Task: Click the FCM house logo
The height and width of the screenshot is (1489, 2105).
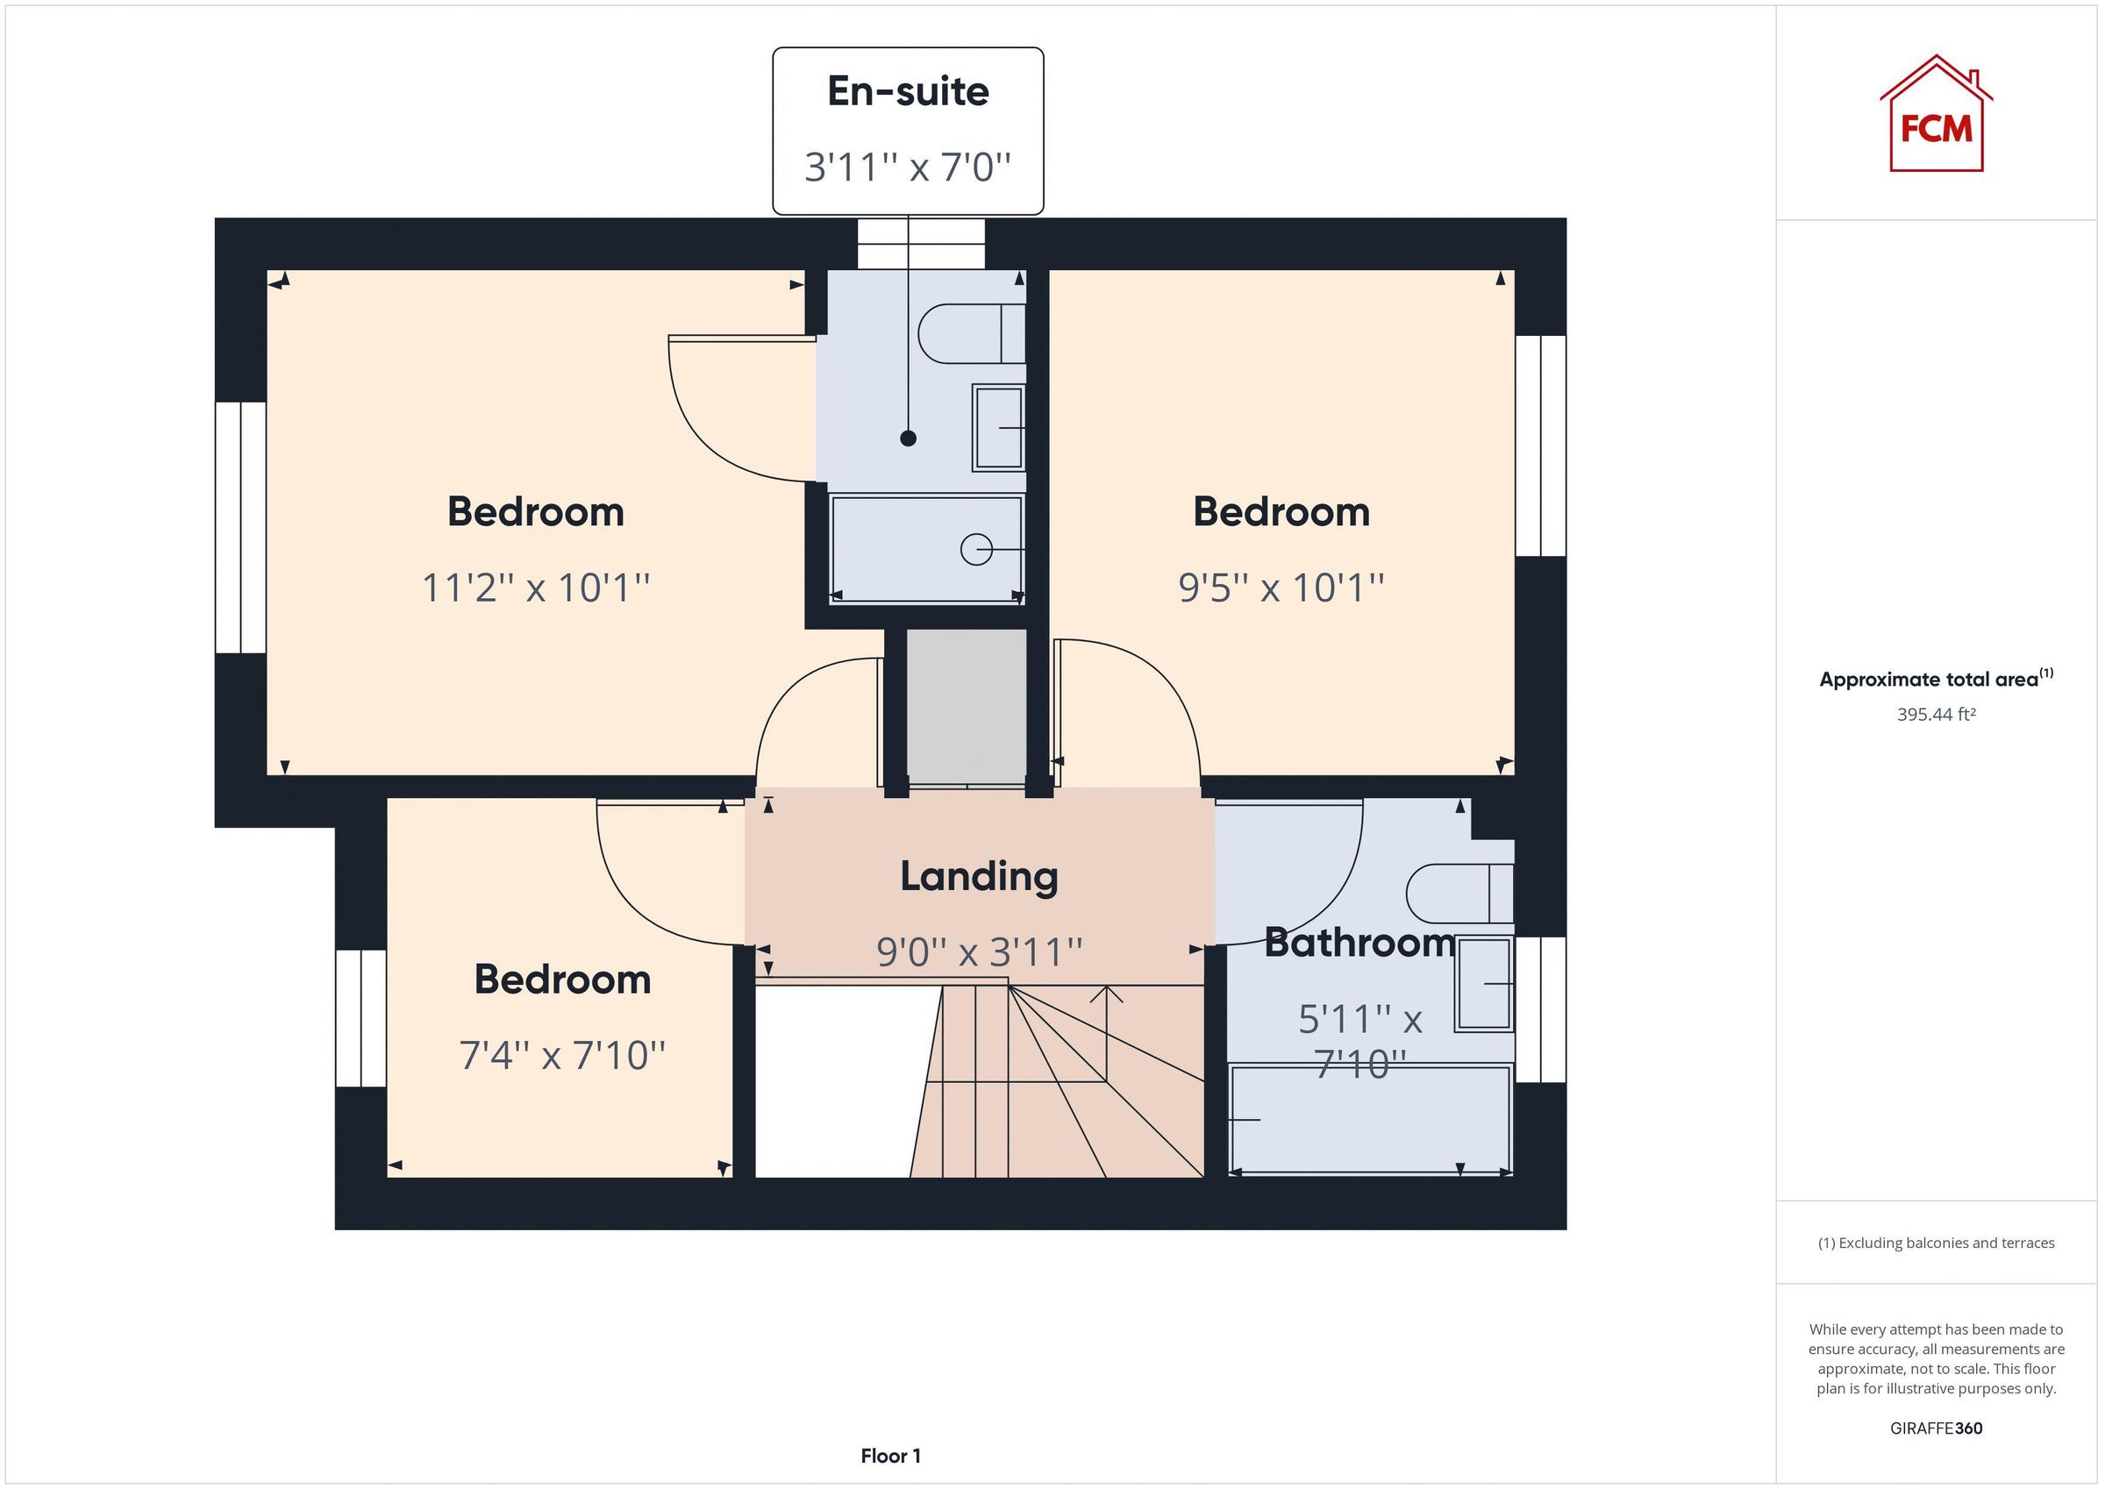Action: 1936,116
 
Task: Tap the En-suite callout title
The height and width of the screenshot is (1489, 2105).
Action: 908,91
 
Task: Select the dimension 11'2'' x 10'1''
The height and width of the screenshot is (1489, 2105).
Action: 535,588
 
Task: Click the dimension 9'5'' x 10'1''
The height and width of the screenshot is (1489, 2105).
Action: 1281,588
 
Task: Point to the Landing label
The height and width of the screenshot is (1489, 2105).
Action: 978,877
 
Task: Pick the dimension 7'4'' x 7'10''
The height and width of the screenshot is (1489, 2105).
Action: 562,1055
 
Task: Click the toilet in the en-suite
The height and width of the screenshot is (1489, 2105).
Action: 970,334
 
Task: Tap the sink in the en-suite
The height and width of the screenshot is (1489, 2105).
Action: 997,428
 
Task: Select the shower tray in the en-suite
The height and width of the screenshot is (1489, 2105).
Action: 926,549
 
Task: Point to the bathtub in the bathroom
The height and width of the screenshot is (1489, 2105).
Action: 1370,1119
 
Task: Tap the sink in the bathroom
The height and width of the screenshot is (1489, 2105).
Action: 1483,984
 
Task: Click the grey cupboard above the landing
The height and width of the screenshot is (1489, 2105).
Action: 967,706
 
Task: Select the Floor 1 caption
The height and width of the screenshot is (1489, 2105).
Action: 890,1456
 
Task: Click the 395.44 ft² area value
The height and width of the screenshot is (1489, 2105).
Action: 1936,714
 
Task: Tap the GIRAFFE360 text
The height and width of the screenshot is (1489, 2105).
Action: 1936,1428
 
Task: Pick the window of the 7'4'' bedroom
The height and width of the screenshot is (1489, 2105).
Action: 360,1018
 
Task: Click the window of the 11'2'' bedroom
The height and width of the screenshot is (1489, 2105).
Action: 240,527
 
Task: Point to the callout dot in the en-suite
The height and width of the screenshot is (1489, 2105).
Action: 908,438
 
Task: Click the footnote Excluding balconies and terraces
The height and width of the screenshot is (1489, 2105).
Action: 1936,1243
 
